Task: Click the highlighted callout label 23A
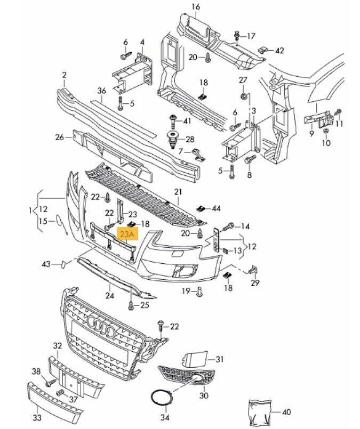coord(128,234)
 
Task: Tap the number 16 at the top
coord(195,7)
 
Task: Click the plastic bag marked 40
coord(261,411)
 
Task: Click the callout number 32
coord(58,345)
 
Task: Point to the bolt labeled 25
coord(130,305)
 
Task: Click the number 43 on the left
coord(47,264)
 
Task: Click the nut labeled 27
coord(244,96)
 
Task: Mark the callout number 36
coord(102,90)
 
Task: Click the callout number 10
coord(326,143)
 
